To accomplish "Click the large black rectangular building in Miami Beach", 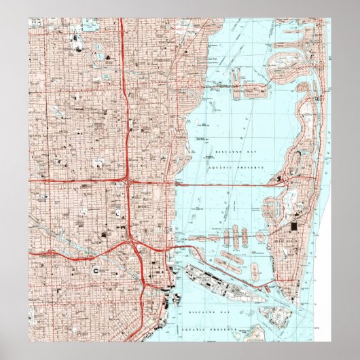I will pyautogui.click(x=294, y=228).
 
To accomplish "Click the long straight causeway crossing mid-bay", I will pyautogui.click(x=224, y=184).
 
